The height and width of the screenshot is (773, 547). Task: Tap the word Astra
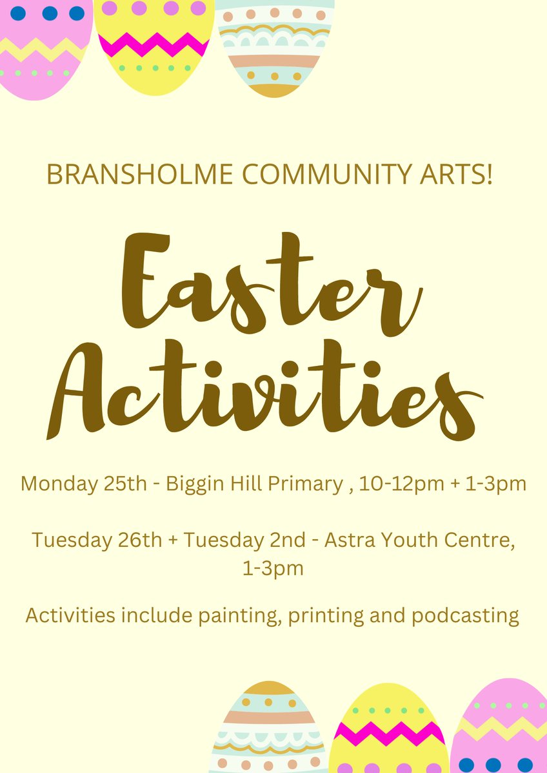tap(348, 540)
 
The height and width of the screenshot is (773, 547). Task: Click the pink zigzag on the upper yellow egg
tap(154, 45)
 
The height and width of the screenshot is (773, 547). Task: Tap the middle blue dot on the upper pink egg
tap(50, 13)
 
